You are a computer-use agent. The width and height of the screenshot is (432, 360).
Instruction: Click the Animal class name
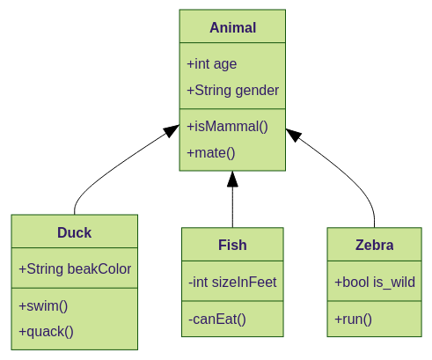(x=232, y=27)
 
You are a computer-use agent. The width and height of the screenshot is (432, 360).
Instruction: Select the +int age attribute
(x=211, y=63)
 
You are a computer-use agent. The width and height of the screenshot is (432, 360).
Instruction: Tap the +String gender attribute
(x=232, y=90)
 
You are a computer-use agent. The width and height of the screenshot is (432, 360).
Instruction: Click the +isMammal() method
(x=227, y=126)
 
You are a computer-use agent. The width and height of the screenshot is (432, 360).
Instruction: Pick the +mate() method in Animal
(x=211, y=152)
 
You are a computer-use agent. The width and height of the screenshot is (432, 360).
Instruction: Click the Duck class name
(x=74, y=232)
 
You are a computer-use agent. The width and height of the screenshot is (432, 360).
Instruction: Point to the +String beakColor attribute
(x=75, y=268)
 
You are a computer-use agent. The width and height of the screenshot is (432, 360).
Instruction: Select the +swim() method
(x=43, y=305)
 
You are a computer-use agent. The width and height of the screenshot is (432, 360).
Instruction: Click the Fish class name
(x=232, y=245)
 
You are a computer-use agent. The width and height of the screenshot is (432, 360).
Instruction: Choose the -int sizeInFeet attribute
(x=232, y=282)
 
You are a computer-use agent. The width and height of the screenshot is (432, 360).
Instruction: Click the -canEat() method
(x=217, y=319)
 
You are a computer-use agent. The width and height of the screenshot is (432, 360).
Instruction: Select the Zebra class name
(x=374, y=245)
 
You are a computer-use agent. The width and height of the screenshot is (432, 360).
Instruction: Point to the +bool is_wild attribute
(x=374, y=282)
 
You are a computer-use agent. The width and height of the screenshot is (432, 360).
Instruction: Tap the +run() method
(x=353, y=319)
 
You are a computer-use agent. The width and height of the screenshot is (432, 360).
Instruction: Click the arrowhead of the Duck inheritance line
(x=172, y=132)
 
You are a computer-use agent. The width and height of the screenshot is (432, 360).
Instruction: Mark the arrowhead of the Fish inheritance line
(x=232, y=179)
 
